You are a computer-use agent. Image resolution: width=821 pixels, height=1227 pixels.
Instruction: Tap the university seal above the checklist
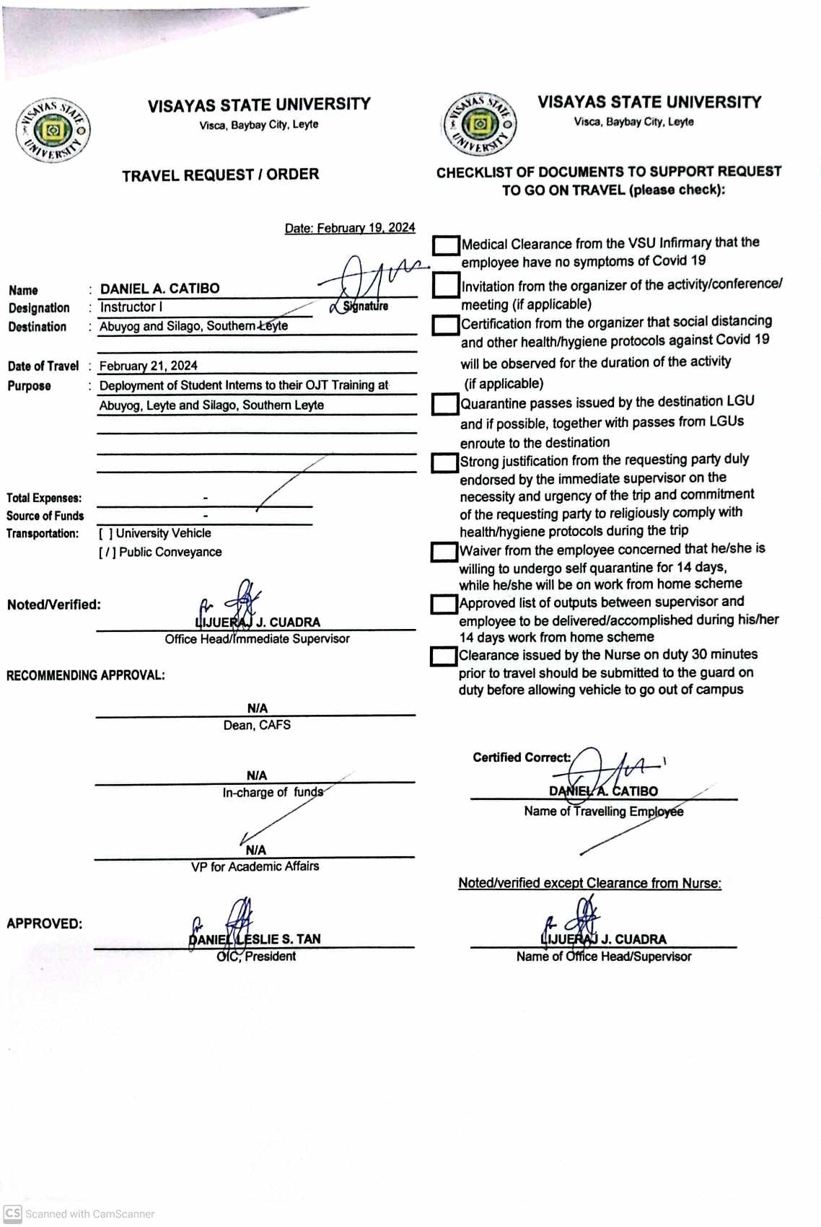click(x=480, y=124)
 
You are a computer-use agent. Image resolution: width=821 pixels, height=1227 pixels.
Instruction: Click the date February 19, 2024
click(x=350, y=228)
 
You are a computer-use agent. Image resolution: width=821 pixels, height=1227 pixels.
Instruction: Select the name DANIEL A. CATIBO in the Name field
click(x=159, y=289)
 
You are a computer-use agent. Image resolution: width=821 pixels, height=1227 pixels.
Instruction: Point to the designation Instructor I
click(x=131, y=307)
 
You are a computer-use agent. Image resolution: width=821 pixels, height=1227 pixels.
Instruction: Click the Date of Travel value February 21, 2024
click(x=148, y=366)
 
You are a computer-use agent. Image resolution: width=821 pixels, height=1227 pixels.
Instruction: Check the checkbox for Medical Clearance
click(x=446, y=245)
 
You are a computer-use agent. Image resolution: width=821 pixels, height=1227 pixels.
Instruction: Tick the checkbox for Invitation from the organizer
click(x=446, y=286)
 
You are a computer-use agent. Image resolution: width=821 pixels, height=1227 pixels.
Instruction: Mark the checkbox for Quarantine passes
click(x=445, y=404)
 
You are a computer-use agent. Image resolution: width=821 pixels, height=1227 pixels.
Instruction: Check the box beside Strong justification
click(x=444, y=462)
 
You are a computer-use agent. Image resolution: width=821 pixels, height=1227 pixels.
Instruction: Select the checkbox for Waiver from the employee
click(x=444, y=552)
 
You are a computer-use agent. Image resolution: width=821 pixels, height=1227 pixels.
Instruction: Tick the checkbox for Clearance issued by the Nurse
click(x=443, y=656)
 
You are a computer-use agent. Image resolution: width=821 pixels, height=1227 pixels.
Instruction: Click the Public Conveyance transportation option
click(x=160, y=552)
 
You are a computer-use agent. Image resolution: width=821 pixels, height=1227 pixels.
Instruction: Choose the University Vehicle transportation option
click(x=155, y=533)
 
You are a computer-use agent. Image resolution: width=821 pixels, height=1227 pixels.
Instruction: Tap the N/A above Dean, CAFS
click(x=257, y=708)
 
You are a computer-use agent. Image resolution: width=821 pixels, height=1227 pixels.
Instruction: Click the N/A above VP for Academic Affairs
click(x=255, y=850)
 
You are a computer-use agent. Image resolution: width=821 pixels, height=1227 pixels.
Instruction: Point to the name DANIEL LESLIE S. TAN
click(x=255, y=939)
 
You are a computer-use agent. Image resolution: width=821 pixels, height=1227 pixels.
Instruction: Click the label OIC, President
click(x=256, y=956)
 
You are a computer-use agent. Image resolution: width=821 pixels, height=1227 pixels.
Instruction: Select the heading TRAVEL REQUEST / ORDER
click(x=220, y=175)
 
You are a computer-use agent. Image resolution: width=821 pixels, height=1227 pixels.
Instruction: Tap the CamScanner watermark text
click(x=89, y=1214)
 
